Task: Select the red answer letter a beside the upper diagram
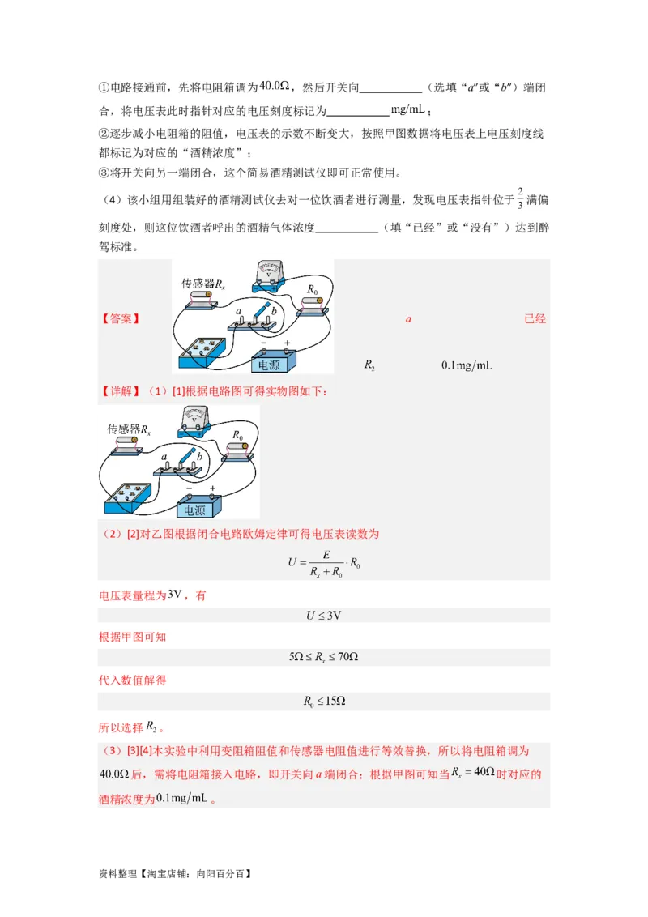(x=409, y=319)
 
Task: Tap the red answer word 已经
(x=535, y=319)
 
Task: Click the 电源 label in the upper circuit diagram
(x=272, y=365)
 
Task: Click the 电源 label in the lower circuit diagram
(x=194, y=510)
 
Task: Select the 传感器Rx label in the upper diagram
(x=200, y=284)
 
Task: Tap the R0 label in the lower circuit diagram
(x=237, y=435)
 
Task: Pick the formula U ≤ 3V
(x=323, y=616)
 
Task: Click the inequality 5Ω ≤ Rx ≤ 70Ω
(x=323, y=657)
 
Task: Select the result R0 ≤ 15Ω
(x=323, y=701)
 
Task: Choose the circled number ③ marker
(x=103, y=173)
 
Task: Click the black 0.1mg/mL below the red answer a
(x=467, y=366)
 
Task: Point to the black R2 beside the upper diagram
(x=369, y=366)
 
